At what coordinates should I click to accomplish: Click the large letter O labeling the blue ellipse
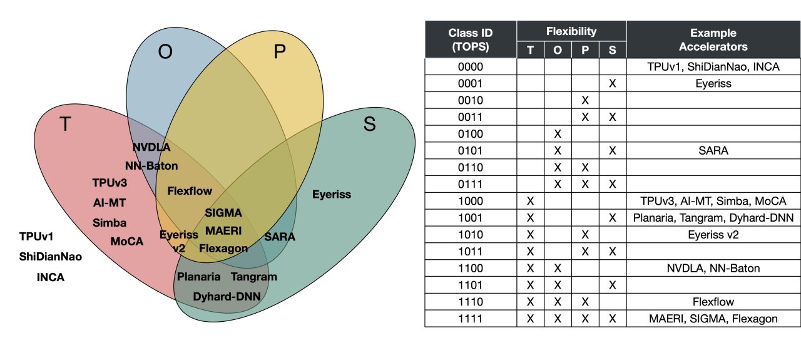coord(165,51)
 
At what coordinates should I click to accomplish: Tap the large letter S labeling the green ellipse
coord(369,125)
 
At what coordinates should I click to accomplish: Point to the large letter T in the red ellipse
coord(64,125)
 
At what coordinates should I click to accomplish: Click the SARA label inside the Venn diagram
coord(279,237)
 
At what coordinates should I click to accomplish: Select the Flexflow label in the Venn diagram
coord(190,190)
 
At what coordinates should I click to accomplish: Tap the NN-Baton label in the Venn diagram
coord(151,166)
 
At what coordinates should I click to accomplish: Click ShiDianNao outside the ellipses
coord(51,257)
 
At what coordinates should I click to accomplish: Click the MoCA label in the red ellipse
coord(127,241)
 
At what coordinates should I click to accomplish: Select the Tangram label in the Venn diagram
coord(253,276)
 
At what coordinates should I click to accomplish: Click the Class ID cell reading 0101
coord(471,151)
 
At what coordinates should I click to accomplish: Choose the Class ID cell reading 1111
coord(471,319)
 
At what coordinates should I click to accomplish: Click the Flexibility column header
coord(571,31)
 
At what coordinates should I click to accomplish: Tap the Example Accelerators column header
coord(713,39)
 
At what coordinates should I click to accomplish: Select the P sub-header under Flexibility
coord(585,50)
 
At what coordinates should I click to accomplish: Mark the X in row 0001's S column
coord(613,83)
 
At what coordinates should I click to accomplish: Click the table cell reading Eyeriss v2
coord(713,235)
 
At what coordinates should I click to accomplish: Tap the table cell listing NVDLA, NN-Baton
coord(713,268)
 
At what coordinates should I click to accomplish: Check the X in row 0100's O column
coord(558,134)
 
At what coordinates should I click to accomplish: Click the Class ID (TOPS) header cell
coord(471,39)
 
